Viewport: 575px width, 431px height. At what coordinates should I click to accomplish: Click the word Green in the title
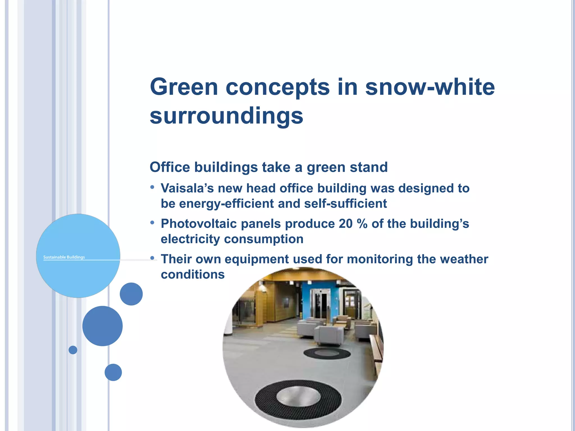[184, 87]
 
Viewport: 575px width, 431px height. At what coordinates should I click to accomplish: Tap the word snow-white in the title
[430, 87]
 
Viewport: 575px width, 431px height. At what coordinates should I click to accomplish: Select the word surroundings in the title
[226, 116]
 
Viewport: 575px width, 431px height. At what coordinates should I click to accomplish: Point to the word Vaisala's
[187, 188]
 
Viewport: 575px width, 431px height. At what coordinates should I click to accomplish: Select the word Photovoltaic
[199, 224]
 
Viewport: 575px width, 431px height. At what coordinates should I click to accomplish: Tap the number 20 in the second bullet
[345, 224]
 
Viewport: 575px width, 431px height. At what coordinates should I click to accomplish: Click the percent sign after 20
[362, 224]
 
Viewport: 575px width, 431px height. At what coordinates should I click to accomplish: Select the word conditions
[193, 274]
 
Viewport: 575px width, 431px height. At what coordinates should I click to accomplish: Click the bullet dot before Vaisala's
[152, 187]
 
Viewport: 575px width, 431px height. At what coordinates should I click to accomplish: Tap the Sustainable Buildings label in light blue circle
[64, 257]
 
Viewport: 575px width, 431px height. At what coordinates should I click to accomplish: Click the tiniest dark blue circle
[73, 350]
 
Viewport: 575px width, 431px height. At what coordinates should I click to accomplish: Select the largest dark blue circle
[102, 326]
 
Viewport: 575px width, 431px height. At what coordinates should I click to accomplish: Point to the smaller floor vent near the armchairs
[327, 353]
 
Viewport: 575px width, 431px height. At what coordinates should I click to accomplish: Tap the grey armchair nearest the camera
[328, 335]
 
